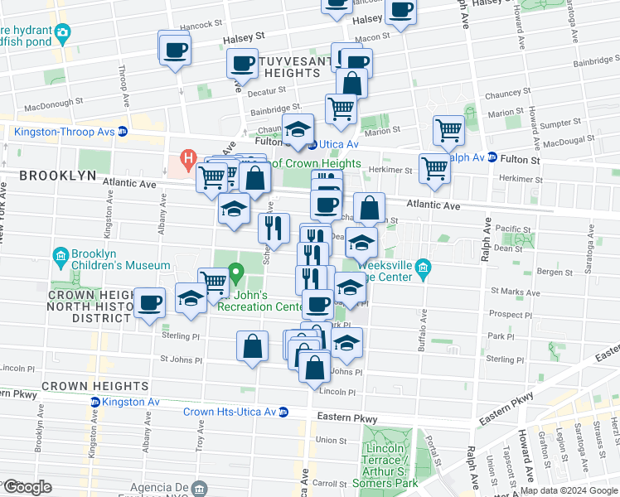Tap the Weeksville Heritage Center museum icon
point(423,267)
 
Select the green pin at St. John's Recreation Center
point(236,271)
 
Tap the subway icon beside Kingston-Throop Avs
point(122,130)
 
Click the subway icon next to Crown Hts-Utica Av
point(283,412)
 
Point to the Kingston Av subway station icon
point(94,403)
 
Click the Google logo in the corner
point(27,487)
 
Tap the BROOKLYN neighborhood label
point(53,176)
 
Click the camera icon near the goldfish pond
point(62,34)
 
